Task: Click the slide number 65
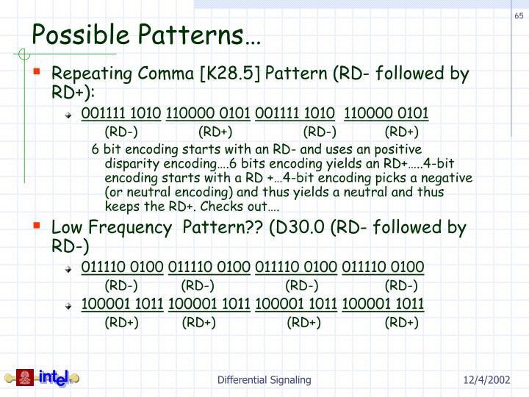pos(518,18)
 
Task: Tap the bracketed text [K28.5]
pos(234,74)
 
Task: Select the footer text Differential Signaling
pos(264,380)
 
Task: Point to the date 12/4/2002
pos(486,380)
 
